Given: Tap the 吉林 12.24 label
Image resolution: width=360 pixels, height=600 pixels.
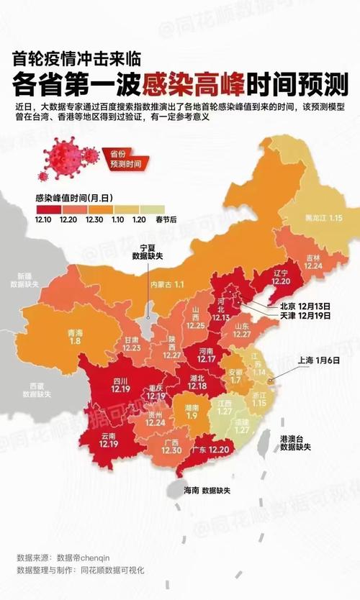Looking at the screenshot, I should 312,261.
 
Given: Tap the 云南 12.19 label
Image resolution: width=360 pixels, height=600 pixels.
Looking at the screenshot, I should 109,440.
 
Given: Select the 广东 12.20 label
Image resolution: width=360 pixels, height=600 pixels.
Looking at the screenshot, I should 212,450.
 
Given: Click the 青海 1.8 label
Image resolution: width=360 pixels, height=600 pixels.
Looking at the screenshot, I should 74,337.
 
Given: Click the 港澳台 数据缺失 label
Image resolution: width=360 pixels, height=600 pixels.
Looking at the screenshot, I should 295,442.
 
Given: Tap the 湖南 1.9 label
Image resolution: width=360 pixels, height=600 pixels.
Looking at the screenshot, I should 192,412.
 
